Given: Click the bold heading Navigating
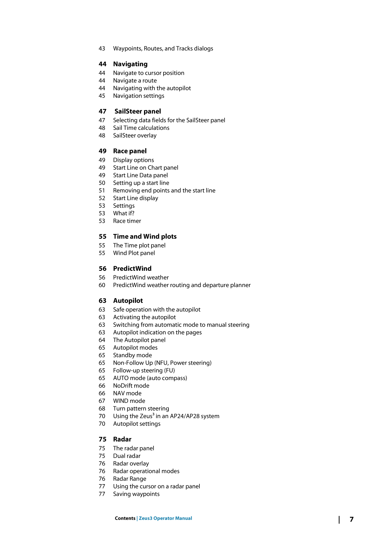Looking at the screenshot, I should (x=130, y=64).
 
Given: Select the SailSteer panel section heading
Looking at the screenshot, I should (x=138, y=111).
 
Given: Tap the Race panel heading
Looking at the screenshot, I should (x=130, y=151).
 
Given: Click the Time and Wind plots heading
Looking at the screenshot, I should (x=145, y=236).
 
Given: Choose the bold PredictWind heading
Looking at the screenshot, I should (x=132, y=268).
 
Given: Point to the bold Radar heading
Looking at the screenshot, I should (x=122, y=439).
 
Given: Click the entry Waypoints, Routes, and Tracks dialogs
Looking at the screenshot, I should (x=163, y=49).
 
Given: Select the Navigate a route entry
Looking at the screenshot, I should (x=135, y=81).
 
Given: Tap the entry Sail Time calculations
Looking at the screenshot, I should (x=141, y=128).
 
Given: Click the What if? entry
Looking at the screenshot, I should (x=123, y=213).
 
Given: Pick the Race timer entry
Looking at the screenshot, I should (x=127, y=221).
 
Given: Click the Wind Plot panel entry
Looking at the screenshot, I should (x=134, y=253).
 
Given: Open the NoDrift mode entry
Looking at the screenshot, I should (x=131, y=386).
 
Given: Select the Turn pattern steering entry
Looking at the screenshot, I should (x=141, y=408).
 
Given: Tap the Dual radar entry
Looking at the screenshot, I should (x=127, y=456).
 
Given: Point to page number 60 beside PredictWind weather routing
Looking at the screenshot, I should (x=102, y=285).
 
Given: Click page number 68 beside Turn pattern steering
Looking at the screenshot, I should (x=102, y=408).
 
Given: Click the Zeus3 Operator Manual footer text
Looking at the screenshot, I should (x=166, y=518).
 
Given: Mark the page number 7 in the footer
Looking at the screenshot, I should (x=352, y=519).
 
